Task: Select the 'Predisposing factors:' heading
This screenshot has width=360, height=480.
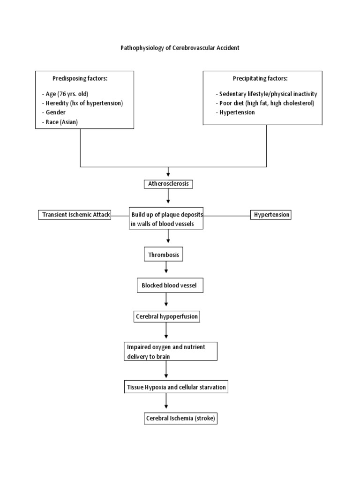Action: pyautogui.click(x=80, y=78)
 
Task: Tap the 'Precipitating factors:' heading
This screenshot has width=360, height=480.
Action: pyautogui.click(x=260, y=78)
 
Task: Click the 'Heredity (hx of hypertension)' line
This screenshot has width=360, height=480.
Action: pyautogui.click(x=84, y=103)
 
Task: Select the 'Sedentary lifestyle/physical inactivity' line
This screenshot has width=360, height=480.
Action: pyautogui.click(x=266, y=94)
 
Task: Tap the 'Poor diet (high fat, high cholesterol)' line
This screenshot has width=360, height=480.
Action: pyautogui.click(x=265, y=103)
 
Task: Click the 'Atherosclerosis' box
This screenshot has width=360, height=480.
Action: pyautogui.click(x=168, y=184)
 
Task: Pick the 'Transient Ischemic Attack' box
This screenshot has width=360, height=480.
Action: pyautogui.click(x=75, y=215)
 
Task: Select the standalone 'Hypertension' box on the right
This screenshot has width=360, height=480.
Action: pyautogui.click(x=271, y=215)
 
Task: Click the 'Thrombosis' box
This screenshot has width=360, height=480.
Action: pyautogui.click(x=163, y=255)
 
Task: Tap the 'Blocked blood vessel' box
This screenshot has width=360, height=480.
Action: pyautogui.click(x=169, y=285)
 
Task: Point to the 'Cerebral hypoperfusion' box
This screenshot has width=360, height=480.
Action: pyautogui.click(x=166, y=317)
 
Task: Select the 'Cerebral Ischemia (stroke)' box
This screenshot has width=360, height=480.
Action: pyautogui.click(x=180, y=419)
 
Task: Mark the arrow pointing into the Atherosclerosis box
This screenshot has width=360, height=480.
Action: pyautogui.click(x=168, y=173)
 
